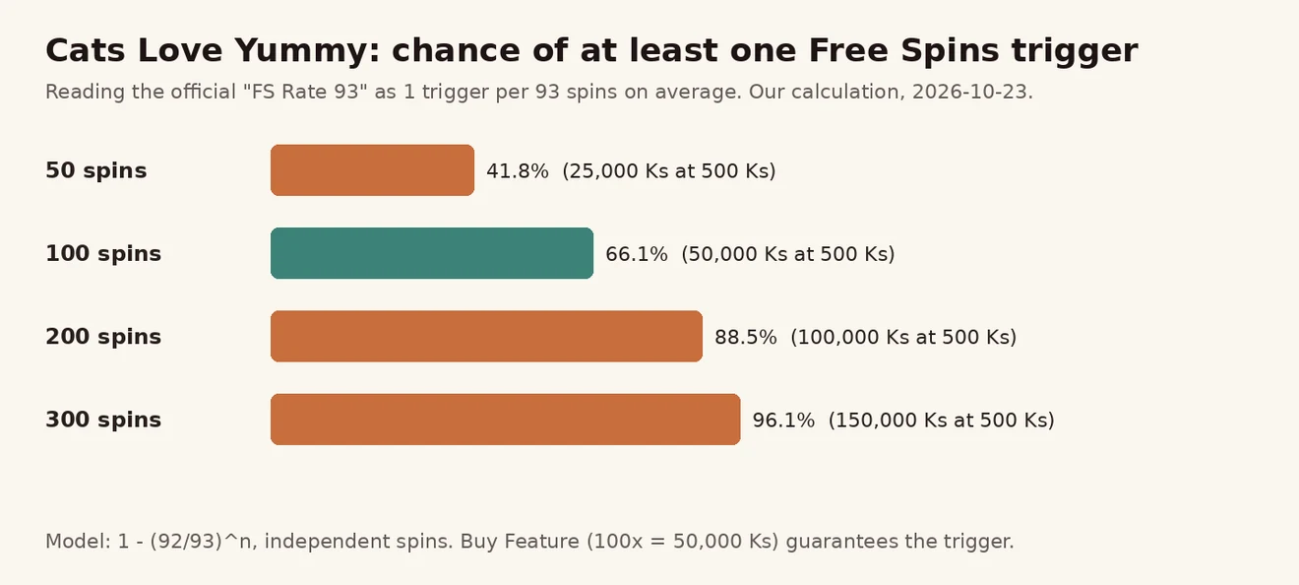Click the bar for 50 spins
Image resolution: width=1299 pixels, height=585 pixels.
(x=372, y=170)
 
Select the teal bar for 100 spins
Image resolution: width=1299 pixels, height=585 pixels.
(x=432, y=253)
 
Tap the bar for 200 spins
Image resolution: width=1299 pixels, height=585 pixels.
(x=486, y=336)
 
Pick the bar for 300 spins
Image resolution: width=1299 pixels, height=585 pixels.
(x=506, y=420)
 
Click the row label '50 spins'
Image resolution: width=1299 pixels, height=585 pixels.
(x=96, y=170)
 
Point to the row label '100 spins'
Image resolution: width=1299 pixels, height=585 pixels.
(x=103, y=254)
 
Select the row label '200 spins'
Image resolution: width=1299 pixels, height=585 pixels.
(x=103, y=337)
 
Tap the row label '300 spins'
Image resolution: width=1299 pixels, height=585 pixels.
(x=103, y=420)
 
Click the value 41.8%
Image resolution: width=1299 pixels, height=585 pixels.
(x=518, y=171)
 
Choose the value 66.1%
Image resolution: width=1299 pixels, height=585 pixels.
(x=637, y=254)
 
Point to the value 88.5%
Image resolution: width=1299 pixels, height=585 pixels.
(x=746, y=337)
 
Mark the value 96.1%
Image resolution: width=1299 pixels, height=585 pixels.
(x=783, y=421)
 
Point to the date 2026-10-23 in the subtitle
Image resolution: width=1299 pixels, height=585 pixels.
(x=969, y=92)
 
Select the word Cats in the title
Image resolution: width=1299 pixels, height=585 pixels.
(x=86, y=50)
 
